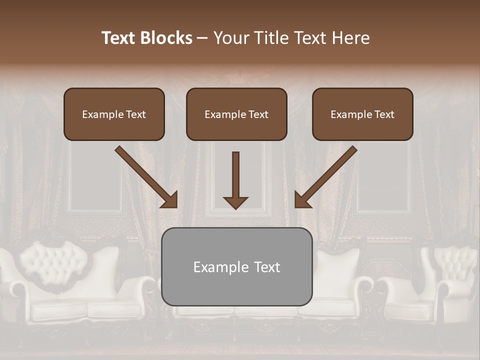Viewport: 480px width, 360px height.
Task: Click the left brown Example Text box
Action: click(114, 114)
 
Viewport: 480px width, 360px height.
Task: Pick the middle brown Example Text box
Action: click(236, 114)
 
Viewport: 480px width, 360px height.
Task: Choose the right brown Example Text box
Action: click(362, 114)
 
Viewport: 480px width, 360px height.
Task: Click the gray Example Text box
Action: click(237, 266)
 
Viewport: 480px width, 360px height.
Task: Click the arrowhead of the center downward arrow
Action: click(235, 202)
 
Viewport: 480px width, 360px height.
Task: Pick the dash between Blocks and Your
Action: click(202, 38)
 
